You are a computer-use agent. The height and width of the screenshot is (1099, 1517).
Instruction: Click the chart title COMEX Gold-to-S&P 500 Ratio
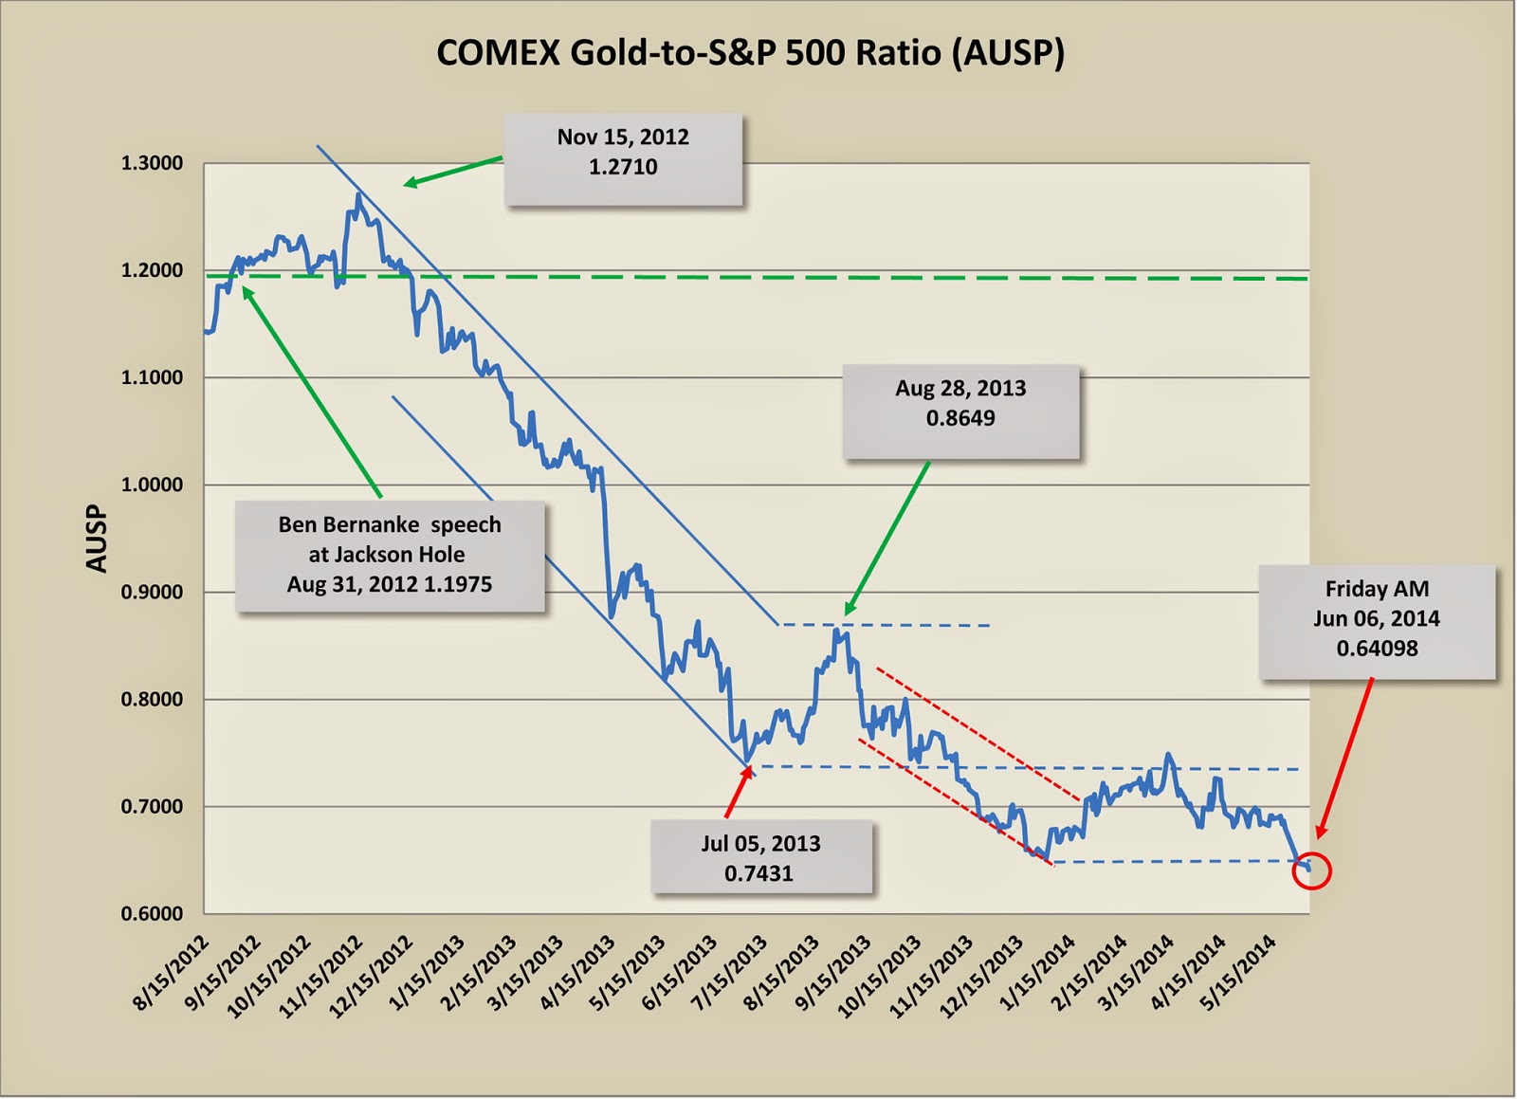[x=750, y=53]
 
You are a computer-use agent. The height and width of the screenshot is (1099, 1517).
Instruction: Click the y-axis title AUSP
[x=97, y=539]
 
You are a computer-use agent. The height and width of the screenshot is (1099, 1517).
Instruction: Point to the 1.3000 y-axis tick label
[x=152, y=164]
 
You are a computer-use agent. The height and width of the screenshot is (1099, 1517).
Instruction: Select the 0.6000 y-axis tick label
[x=152, y=914]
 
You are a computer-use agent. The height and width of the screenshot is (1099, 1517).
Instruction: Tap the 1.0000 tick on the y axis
[x=152, y=485]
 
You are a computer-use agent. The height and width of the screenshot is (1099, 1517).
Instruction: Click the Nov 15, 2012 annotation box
[x=623, y=158]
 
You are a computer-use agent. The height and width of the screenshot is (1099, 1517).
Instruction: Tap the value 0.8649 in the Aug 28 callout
[x=960, y=418]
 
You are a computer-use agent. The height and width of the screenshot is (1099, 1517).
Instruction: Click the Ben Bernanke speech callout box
[x=390, y=555]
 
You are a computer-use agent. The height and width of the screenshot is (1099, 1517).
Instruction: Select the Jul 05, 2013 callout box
[x=760, y=857]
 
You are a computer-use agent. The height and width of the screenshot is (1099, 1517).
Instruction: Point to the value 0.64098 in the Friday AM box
[x=1377, y=649]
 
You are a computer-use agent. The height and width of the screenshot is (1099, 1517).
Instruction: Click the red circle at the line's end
[x=1312, y=870]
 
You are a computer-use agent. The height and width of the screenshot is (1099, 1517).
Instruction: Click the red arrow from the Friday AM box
[x=1344, y=759]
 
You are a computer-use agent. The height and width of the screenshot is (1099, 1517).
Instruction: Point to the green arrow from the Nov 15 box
[x=452, y=172]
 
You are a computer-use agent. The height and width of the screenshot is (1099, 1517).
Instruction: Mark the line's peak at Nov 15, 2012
[x=357, y=195]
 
